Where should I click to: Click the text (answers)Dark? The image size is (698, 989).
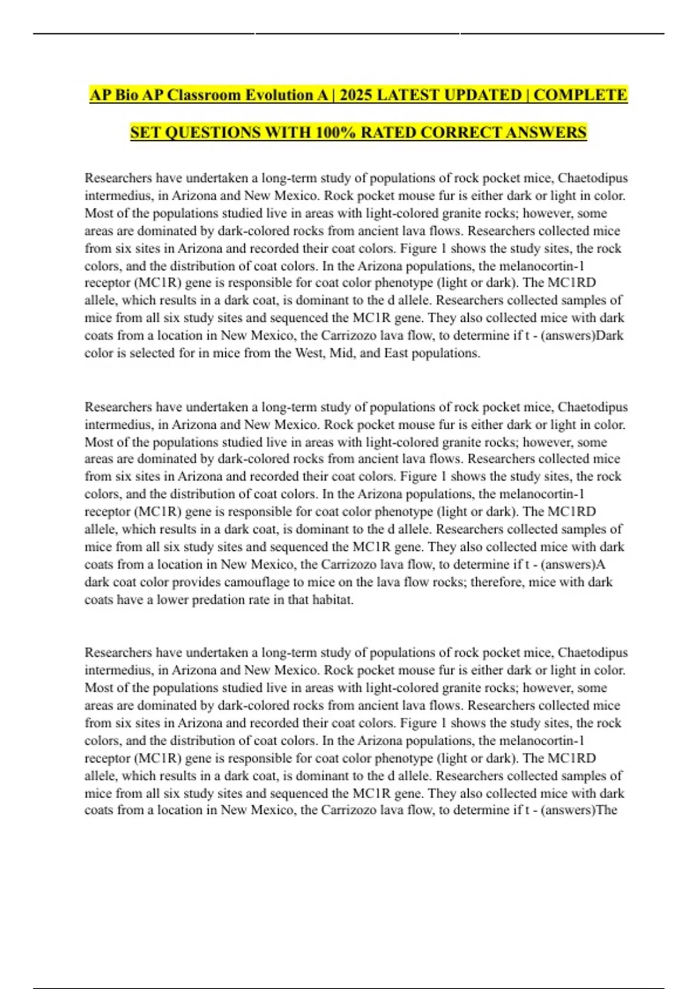[x=582, y=335]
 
